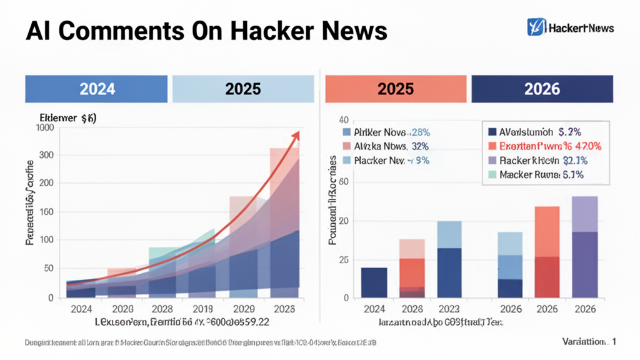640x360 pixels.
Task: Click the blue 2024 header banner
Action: pyautogui.click(x=97, y=89)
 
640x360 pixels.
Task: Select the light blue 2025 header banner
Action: pyautogui.click(x=242, y=89)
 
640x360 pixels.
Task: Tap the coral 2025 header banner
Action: pyautogui.click(x=396, y=89)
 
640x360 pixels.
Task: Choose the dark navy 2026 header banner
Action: pyautogui.click(x=542, y=89)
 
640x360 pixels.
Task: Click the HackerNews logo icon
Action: pyautogui.click(x=536, y=27)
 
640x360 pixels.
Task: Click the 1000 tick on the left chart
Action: pyautogui.click(x=46, y=127)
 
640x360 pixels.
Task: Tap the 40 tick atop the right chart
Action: pyautogui.click(x=342, y=120)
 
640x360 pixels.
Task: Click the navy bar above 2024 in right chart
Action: pyautogui.click(x=374, y=282)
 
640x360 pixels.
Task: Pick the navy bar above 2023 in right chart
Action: pyautogui.click(x=449, y=272)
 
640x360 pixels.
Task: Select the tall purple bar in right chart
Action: pyautogui.click(x=584, y=247)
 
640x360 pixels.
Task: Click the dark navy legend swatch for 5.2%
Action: pyautogui.click(x=491, y=132)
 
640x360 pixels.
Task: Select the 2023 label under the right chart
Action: pyautogui.click(x=449, y=309)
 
